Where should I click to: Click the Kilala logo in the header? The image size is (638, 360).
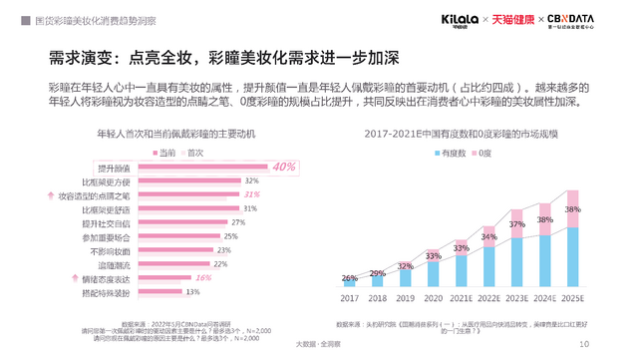[460, 20]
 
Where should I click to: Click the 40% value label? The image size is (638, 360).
[284, 167]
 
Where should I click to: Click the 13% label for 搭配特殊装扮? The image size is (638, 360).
[193, 292]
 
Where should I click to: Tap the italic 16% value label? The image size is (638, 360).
[203, 278]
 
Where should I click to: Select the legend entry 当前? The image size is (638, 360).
[161, 152]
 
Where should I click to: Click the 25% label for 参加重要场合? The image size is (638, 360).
[230, 236]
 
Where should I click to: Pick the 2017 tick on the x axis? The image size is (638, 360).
[350, 297]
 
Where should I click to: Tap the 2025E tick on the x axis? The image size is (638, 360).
[572, 297]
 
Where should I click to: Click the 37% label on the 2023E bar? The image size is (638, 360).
[516, 224]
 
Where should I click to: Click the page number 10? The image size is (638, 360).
[583, 344]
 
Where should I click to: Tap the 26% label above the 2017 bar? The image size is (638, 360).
[350, 278]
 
